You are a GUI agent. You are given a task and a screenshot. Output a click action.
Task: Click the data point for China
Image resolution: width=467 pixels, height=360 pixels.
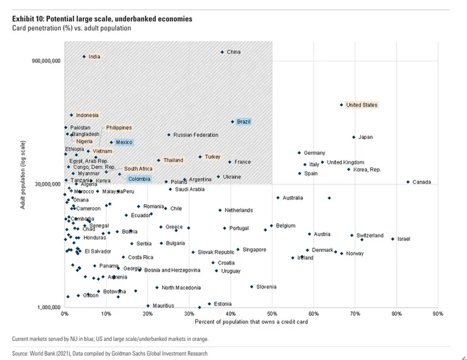(x=222, y=52)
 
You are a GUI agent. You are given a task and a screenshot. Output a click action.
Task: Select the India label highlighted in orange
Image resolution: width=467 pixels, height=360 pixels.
(x=94, y=57)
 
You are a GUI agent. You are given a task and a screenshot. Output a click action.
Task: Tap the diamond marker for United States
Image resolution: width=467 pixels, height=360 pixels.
(x=341, y=105)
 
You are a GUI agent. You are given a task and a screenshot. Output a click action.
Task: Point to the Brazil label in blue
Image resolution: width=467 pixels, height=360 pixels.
(x=244, y=121)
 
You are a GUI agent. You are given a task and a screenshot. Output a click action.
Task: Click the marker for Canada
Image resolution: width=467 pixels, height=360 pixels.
(x=408, y=182)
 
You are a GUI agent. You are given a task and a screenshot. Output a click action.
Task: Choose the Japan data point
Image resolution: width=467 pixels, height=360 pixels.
(x=353, y=137)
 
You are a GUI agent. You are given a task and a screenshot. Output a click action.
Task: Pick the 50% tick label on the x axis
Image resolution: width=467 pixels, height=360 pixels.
(x=272, y=314)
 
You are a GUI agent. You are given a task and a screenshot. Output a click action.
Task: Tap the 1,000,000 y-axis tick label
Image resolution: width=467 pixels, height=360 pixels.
(x=47, y=308)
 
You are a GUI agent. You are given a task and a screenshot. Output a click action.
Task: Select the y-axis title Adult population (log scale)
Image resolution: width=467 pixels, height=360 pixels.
(x=23, y=175)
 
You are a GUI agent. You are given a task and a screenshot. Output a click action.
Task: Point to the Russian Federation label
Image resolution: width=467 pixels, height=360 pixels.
(x=196, y=135)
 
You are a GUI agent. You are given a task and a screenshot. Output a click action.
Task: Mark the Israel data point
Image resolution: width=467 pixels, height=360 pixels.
(x=393, y=239)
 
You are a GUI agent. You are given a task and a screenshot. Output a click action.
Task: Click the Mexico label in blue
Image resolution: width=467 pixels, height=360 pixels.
(x=124, y=142)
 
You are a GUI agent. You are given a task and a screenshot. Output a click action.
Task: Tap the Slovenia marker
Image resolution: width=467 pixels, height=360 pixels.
(x=252, y=287)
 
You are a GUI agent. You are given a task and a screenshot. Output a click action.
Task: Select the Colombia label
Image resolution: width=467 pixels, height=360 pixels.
(x=139, y=179)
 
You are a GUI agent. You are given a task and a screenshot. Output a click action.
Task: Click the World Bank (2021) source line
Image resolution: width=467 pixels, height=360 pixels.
(x=110, y=354)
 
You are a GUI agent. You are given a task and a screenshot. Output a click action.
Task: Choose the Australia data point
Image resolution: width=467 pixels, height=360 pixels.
(x=278, y=198)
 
